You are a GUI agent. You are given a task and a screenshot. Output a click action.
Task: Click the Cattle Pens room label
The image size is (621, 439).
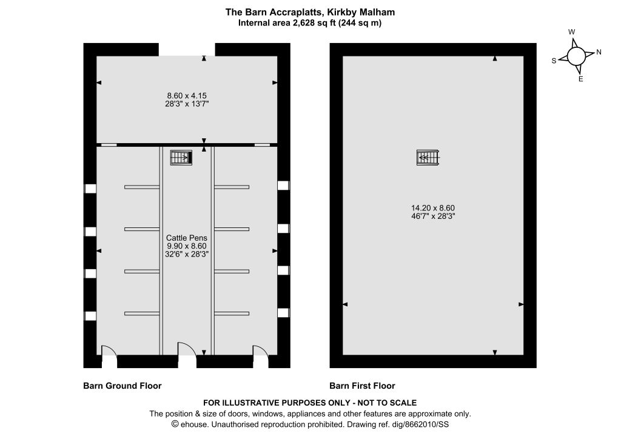[x=187, y=238]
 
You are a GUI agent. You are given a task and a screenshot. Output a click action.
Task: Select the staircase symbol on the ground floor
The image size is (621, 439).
[x=181, y=158]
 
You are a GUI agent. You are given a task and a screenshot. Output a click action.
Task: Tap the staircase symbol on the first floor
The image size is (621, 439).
[x=428, y=158]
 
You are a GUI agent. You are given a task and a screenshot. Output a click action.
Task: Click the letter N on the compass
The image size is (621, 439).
[x=599, y=52]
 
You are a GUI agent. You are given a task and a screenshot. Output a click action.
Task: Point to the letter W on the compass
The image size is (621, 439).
[x=571, y=32]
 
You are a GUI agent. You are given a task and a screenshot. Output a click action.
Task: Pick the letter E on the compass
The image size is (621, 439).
[x=581, y=79]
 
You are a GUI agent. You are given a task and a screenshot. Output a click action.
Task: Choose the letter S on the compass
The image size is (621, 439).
[x=554, y=61]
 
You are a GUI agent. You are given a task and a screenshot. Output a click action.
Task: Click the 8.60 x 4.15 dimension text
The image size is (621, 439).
[x=187, y=96]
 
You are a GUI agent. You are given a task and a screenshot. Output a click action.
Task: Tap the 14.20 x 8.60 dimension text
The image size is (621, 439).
[x=433, y=208]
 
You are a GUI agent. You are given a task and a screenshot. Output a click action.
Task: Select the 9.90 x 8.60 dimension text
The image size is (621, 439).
[x=187, y=246]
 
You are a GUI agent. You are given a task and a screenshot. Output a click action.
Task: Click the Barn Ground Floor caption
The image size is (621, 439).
[x=123, y=386]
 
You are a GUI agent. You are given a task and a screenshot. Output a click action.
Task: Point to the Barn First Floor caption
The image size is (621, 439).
[x=363, y=386]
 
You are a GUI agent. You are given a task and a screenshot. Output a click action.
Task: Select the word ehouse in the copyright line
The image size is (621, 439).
[x=193, y=424]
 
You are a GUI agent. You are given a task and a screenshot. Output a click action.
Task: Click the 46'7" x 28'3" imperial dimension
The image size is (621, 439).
[x=433, y=216]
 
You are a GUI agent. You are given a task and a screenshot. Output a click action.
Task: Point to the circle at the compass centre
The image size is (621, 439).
[x=576, y=56]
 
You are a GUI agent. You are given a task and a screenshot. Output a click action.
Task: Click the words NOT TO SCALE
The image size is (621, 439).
[x=387, y=403]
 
